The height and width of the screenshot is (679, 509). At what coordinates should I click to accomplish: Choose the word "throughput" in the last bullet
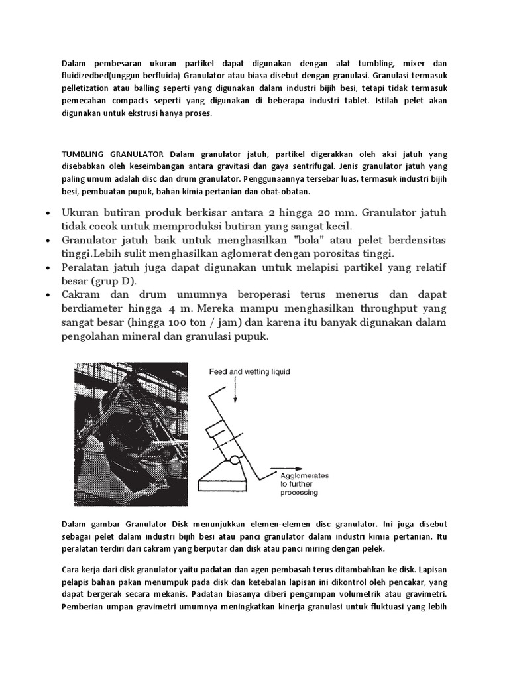click(x=379, y=309)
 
